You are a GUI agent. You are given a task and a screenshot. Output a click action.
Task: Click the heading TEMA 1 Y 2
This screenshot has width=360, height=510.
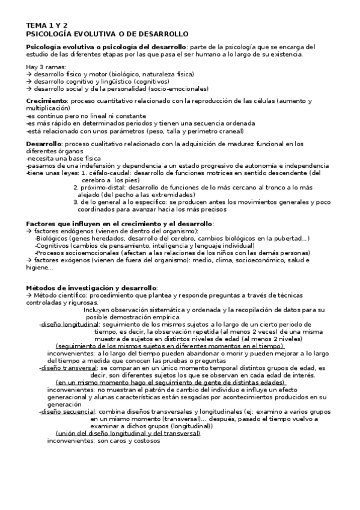click(x=47, y=26)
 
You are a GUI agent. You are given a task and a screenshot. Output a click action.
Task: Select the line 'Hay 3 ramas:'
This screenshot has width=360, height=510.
click(x=46, y=66)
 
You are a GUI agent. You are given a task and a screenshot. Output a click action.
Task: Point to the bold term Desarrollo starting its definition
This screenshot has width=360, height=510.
click(x=44, y=144)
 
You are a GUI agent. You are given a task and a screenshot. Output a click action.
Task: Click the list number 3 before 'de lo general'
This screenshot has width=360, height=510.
click(x=75, y=202)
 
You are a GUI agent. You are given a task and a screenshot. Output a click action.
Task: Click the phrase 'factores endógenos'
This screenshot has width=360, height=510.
click(x=60, y=231)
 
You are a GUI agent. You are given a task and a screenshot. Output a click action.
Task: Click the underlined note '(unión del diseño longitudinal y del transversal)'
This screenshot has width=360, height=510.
click(x=127, y=433)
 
